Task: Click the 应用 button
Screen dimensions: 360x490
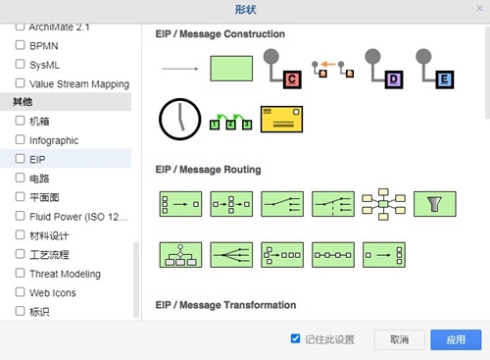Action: (456, 339)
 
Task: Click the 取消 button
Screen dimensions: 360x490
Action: (399, 339)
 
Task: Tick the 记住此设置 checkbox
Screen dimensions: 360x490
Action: (296, 338)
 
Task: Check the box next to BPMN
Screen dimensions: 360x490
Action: (20, 45)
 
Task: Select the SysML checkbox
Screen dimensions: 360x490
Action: (20, 64)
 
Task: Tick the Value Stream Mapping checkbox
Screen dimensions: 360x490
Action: (20, 83)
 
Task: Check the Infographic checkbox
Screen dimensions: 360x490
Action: (20, 140)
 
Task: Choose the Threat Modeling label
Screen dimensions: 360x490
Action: (65, 274)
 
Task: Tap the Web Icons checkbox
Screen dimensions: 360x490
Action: (20, 292)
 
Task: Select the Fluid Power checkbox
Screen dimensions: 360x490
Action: (20, 216)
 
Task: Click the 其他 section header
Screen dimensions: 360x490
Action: (23, 102)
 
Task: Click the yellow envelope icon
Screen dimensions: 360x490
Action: (280, 119)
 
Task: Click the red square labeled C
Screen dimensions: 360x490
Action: (291, 77)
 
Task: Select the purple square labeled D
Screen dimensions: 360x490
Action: (394, 77)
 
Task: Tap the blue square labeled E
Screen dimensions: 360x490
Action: (444, 77)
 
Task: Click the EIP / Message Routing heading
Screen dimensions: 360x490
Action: (208, 169)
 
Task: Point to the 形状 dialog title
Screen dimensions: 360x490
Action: (245, 9)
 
